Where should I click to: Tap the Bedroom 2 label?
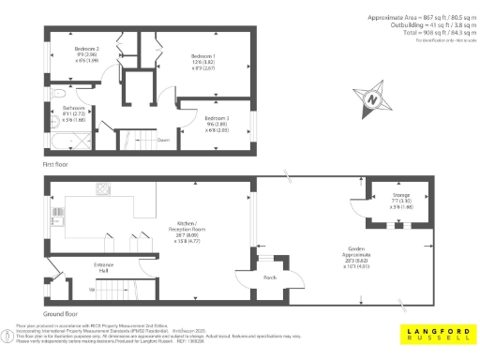pos(87,52)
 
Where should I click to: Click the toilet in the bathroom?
pos(55,94)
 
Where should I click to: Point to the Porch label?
pos(269,277)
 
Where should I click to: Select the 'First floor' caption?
pos(55,164)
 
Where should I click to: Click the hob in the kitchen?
pos(103,191)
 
